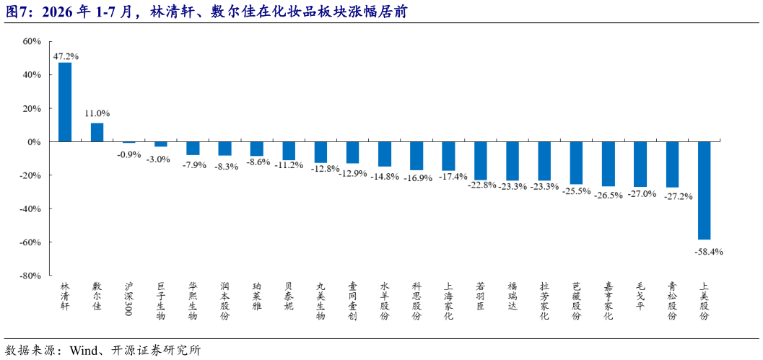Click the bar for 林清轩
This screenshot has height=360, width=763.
[x=65, y=102]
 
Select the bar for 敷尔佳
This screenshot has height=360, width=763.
[x=97, y=132]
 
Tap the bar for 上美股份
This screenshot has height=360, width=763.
[x=704, y=190]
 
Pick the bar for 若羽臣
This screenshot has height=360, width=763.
[x=480, y=161]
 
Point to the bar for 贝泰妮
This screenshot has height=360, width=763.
[x=289, y=151]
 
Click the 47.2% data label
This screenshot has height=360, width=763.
[x=66, y=56]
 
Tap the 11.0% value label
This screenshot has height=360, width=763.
[x=97, y=113]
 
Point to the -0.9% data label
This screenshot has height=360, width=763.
[x=128, y=154]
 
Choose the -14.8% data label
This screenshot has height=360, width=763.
[x=385, y=177]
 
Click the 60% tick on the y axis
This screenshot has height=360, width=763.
[x=32, y=42]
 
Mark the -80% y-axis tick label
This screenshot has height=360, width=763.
[x=30, y=276]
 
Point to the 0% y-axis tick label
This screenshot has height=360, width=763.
[x=34, y=142]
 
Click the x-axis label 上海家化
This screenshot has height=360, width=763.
[x=448, y=301]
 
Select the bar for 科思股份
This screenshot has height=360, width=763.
[x=417, y=156]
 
